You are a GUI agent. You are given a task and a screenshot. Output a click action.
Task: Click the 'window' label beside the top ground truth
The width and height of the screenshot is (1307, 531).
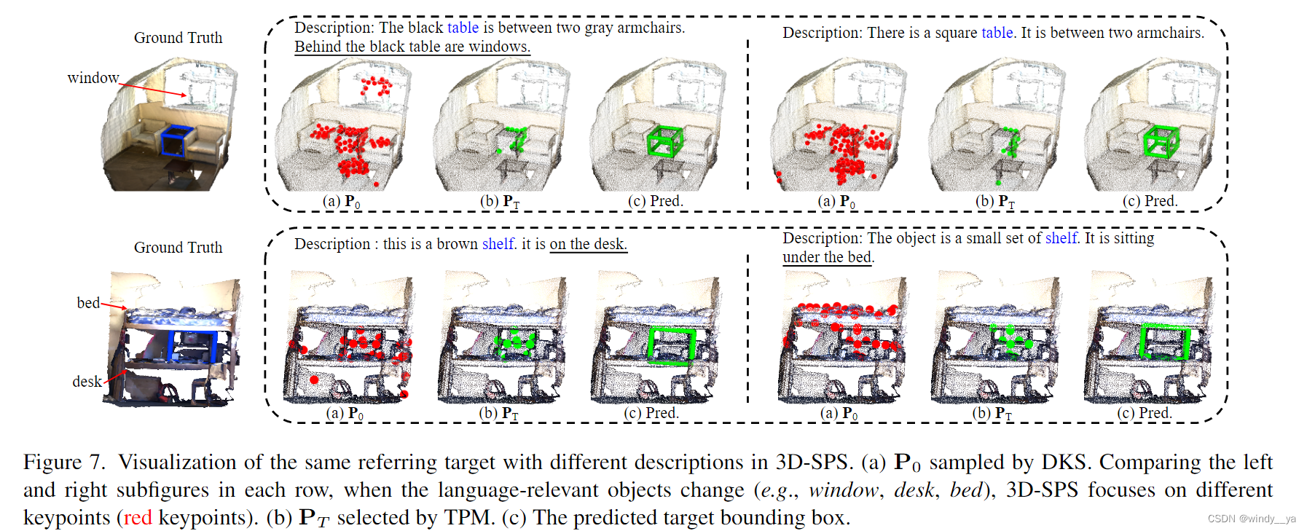(x=93, y=78)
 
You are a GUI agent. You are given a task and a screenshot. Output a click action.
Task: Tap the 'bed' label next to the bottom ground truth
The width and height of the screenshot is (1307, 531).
(x=88, y=303)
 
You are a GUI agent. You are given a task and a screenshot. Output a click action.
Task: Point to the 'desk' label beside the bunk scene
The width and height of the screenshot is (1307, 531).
(x=87, y=382)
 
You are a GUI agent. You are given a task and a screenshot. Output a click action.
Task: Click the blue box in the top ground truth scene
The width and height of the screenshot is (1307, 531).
(x=177, y=141)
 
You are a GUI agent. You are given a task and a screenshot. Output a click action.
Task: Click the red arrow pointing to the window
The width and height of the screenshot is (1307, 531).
(x=152, y=90)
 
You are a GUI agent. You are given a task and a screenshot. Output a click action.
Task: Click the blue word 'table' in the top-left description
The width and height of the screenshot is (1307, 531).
(x=463, y=28)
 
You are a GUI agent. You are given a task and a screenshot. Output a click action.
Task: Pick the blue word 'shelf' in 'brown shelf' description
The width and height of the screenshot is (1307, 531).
(x=498, y=244)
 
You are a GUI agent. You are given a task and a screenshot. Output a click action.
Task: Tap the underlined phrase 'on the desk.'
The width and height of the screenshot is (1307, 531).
(x=588, y=244)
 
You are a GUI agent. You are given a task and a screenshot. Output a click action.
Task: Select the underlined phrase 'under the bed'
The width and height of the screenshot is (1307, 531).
(x=827, y=257)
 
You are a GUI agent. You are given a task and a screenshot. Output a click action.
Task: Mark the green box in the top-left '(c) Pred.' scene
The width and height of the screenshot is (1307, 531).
(x=664, y=141)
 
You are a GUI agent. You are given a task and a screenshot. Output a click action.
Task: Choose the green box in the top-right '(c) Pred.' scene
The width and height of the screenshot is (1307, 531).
(x=1160, y=141)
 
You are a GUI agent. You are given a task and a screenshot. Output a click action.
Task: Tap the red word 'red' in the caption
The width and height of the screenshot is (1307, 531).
(x=138, y=517)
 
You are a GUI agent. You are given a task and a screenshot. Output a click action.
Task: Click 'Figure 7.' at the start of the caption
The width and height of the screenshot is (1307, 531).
(x=64, y=462)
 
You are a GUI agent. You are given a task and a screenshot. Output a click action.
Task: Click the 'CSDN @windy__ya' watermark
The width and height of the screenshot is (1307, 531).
(x=1252, y=519)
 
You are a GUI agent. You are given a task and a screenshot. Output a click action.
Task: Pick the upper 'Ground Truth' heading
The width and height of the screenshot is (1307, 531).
(x=178, y=38)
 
